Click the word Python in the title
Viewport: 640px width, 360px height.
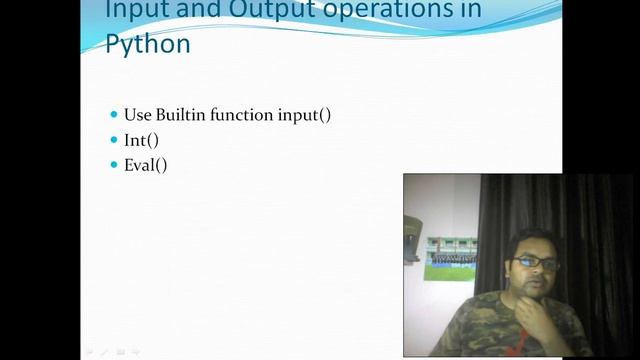(148, 45)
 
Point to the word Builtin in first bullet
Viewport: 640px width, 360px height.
(185, 114)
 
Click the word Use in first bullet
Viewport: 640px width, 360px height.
(136, 114)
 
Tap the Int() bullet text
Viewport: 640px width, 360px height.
(142, 140)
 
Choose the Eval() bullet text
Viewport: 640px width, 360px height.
(146, 165)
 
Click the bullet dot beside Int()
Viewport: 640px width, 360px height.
(114, 140)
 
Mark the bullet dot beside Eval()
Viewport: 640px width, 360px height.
(114, 165)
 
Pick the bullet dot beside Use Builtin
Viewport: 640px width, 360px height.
(114, 114)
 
